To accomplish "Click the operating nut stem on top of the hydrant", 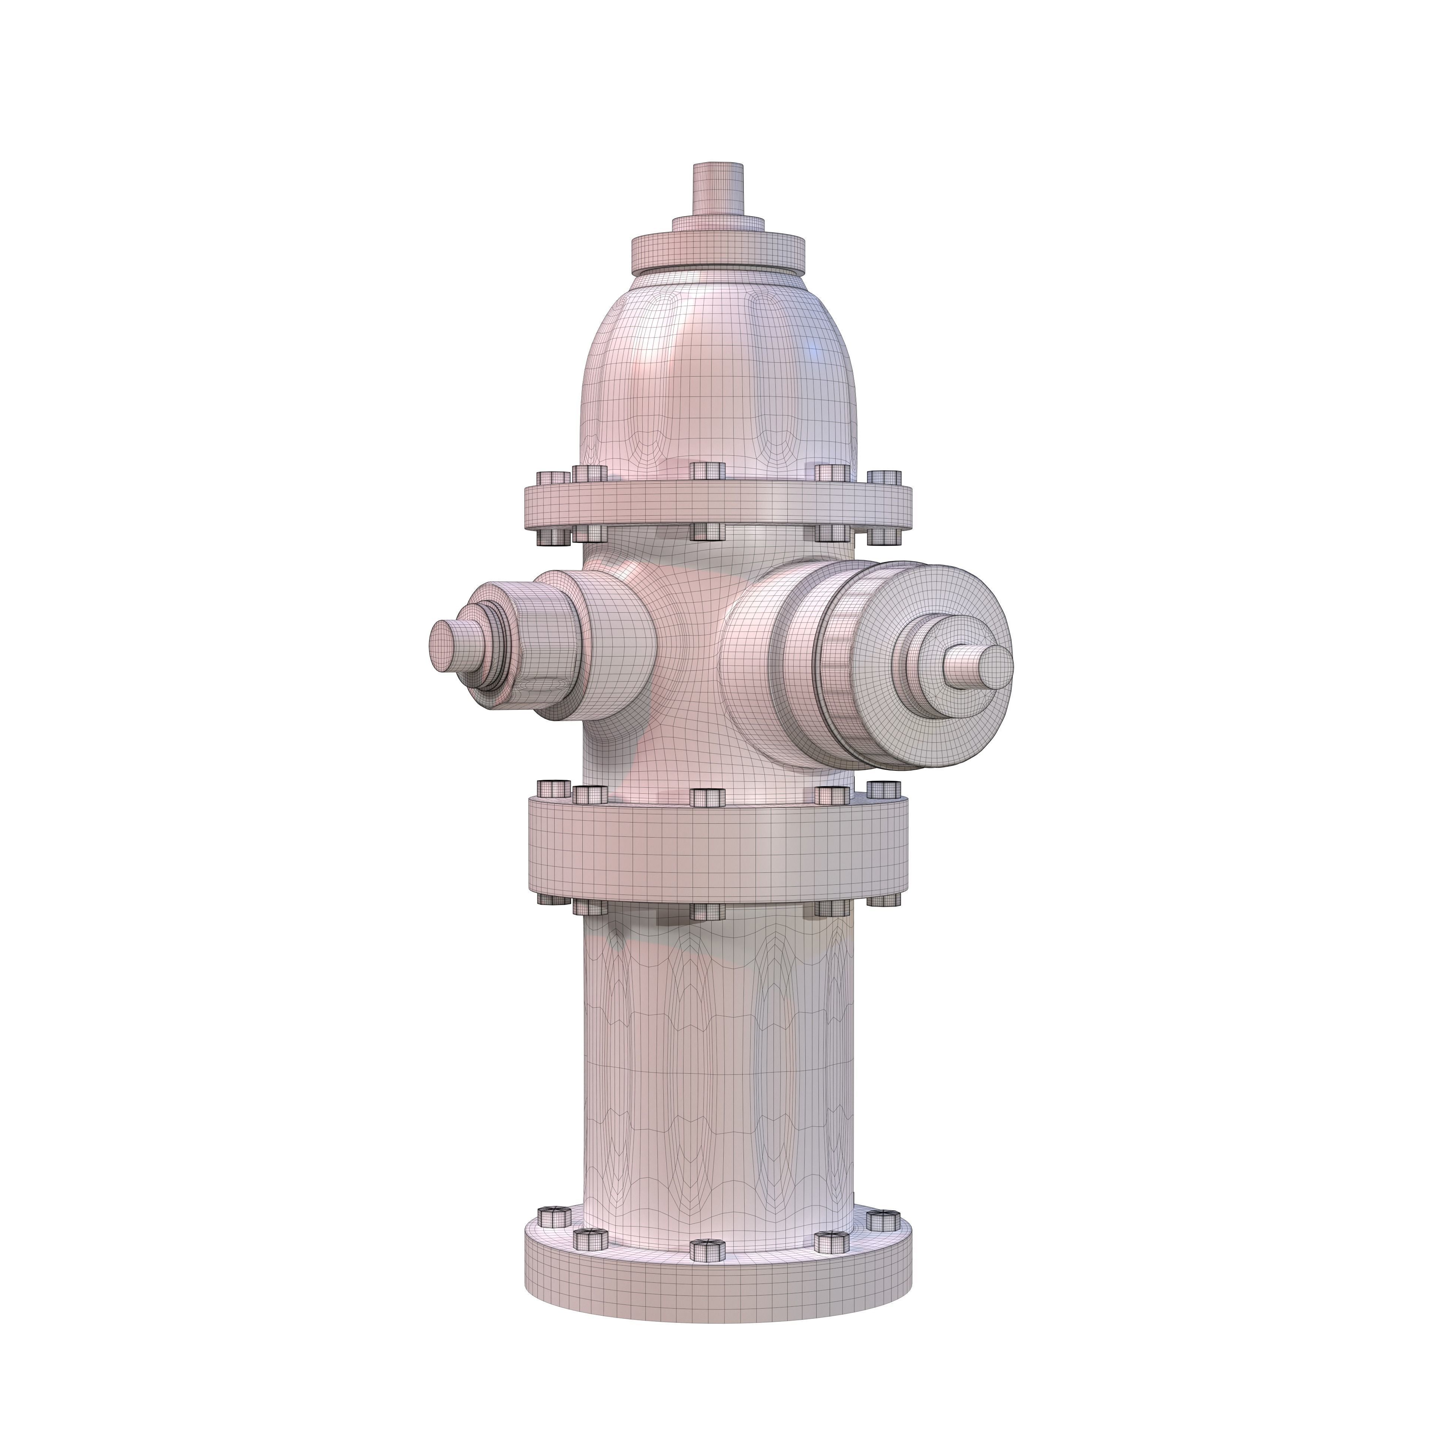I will (x=719, y=188).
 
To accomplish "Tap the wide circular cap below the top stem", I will (x=719, y=253).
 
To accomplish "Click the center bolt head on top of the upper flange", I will (x=708, y=471).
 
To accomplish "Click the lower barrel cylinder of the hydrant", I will (x=719, y=1058).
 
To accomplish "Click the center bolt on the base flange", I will (x=708, y=1249).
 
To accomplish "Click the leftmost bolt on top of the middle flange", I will (x=551, y=788).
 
